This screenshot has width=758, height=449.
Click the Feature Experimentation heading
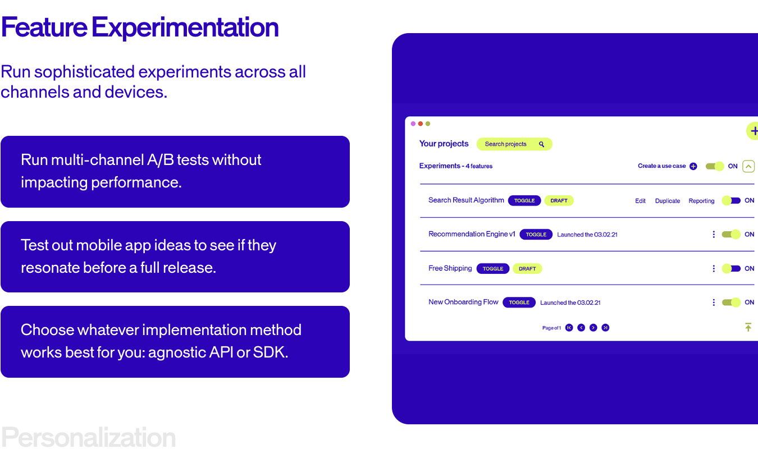[140, 28]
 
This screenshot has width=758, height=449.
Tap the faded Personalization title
[88, 437]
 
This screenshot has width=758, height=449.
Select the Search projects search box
[514, 144]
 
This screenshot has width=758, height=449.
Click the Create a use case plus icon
[693, 166]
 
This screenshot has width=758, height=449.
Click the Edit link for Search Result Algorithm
[640, 201]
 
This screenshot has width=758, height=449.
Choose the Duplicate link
[667, 201]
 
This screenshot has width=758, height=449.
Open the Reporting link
[701, 201]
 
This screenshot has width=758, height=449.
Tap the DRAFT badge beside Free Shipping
[527, 269]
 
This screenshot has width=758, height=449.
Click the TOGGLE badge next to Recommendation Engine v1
[536, 235]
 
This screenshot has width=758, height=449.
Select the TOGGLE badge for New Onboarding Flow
[519, 303]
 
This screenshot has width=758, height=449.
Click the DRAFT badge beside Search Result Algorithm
[559, 200]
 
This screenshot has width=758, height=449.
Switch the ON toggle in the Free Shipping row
[731, 268]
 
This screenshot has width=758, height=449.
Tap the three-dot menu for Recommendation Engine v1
[714, 235]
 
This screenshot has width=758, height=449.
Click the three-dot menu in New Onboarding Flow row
[714, 303]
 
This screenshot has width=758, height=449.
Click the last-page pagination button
[605, 328]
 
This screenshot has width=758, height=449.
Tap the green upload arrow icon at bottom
[748, 327]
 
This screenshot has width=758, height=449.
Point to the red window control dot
[421, 123]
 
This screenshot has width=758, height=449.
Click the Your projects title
[444, 144]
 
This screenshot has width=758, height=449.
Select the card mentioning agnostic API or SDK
[175, 341]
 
